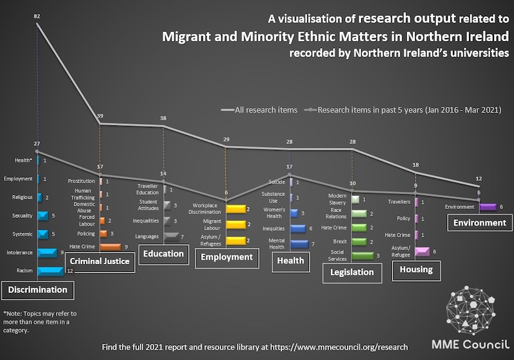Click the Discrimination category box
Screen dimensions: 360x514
(x=37, y=290)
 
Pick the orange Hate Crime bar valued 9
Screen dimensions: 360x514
(x=110, y=246)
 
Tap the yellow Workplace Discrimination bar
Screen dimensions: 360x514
(x=236, y=209)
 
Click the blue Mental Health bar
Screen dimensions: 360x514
(x=299, y=244)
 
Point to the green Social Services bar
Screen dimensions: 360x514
(x=363, y=255)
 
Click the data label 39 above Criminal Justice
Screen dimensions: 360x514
(x=100, y=116)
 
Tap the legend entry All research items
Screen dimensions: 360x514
(x=259, y=109)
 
